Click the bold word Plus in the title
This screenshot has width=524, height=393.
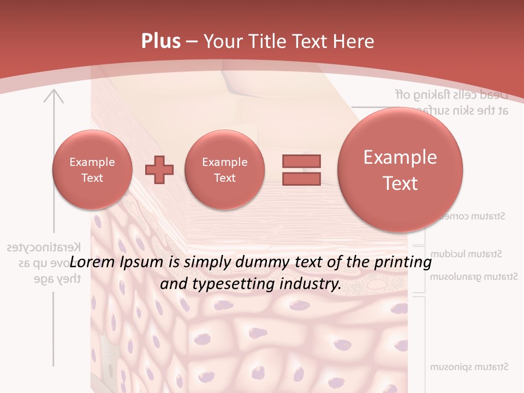[x=160, y=41]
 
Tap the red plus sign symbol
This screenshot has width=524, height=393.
[x=159, y=170]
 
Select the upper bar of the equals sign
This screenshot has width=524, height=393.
[x=301, y=161]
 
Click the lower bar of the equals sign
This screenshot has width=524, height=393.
[x=301, y=178]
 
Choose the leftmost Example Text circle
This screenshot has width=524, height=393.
[x=92, y=170]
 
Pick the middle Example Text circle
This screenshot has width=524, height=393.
[x=224, y=170]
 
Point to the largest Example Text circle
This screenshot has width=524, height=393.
[x=400, y=170]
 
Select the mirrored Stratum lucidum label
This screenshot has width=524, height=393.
[x=466, y=254]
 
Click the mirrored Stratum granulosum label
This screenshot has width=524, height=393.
[x=473, y=277]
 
